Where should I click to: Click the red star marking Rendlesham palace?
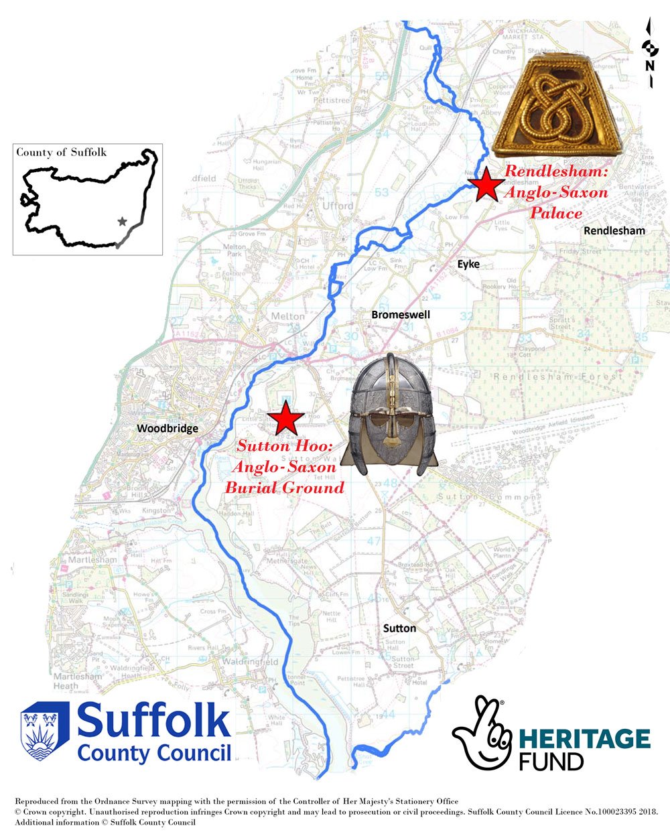(484, 184)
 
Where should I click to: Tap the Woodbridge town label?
(167, 429)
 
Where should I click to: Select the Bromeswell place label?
(401, 315)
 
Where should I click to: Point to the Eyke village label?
(468, 265)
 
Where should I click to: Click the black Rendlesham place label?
(614, 231)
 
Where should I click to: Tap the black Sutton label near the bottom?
(399, 628)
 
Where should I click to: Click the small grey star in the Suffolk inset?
(122, 221)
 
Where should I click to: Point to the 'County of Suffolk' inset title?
(61, 153)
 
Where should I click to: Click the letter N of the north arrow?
(649, 66)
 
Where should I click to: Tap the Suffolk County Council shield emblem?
(45, 731)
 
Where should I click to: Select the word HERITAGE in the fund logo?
(584, 739)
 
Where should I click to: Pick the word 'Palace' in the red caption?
(556, 214)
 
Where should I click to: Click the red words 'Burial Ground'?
(284, 487)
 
